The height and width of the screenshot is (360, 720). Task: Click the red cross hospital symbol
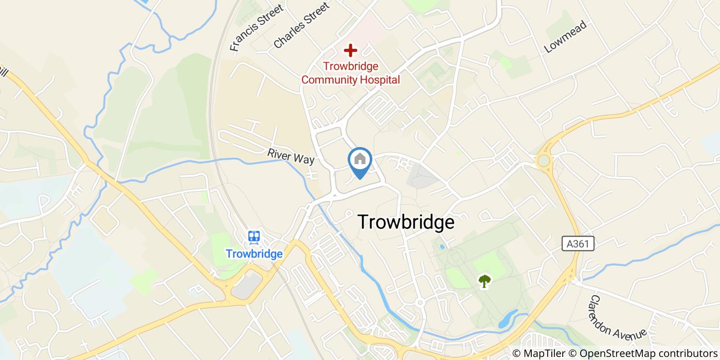(350, 50)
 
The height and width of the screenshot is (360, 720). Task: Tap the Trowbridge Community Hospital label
(350, 73)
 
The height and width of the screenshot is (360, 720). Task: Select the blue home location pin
(360, 161)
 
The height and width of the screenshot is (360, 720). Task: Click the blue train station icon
(254, 237)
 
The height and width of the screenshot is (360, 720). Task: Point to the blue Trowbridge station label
(254, 254)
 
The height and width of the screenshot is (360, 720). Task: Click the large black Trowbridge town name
(406, 222)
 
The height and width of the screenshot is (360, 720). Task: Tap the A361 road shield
(578, 244)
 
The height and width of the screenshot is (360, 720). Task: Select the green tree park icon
(484, 281)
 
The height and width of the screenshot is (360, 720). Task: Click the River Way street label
(291, 156)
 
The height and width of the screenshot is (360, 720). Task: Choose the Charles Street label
(301, 25)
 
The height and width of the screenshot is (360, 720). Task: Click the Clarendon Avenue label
(617, 316)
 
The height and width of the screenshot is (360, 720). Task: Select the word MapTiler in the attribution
(544, 353)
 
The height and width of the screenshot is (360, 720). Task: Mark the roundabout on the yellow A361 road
(543, 161)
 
